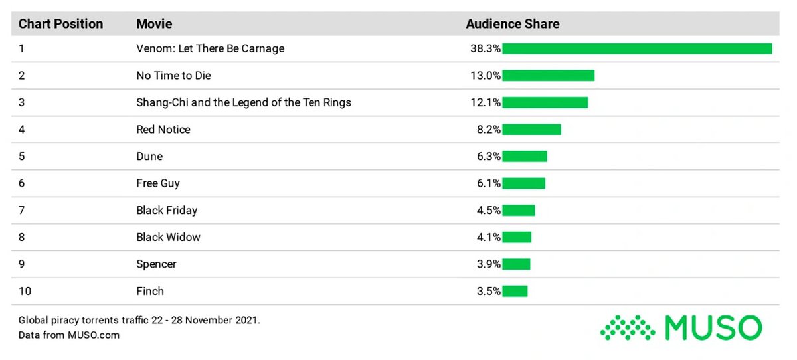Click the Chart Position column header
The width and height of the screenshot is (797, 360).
click(60, 24)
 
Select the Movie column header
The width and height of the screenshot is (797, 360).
click(154, 24)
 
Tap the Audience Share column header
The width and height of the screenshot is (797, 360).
click(512, 24)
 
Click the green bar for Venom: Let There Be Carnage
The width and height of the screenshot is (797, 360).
click(637, 48)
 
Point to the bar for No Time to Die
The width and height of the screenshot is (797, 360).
click(548, 76)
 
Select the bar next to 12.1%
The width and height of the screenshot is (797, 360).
click(545, 102)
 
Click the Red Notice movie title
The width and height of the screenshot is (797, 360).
click(163, 130)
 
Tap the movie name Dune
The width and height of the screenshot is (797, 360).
click(149, 157)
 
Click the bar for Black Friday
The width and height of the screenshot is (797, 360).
click(518, 211)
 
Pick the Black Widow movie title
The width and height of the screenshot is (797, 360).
click(168, 237)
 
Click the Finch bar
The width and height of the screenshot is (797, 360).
click(515, 291)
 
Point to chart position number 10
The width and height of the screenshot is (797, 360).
click(25, 291)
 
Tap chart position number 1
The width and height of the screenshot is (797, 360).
click(21, 48)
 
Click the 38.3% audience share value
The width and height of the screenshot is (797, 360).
click(484, 48)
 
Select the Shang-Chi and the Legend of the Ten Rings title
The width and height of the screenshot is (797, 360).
click(244, 102)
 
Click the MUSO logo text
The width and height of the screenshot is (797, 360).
click(713, 327)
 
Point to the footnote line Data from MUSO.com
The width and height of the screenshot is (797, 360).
click(69, 335)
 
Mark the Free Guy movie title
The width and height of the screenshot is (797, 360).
click(158, 183)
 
